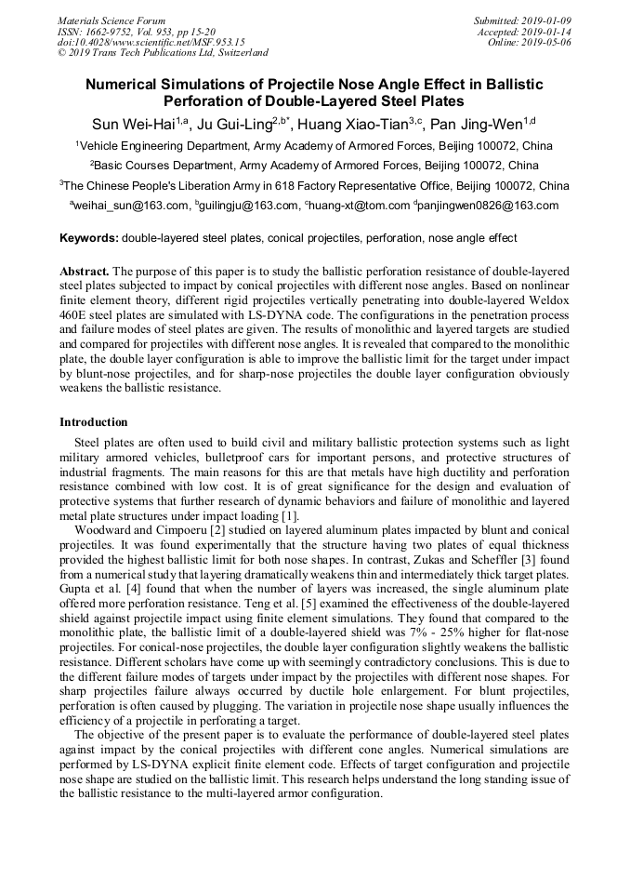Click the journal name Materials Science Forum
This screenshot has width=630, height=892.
pos(112,20)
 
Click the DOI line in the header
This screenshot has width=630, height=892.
pos(151,43)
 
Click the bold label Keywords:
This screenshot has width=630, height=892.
pos(89,238)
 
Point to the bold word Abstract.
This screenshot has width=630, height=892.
pos(84,271)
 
